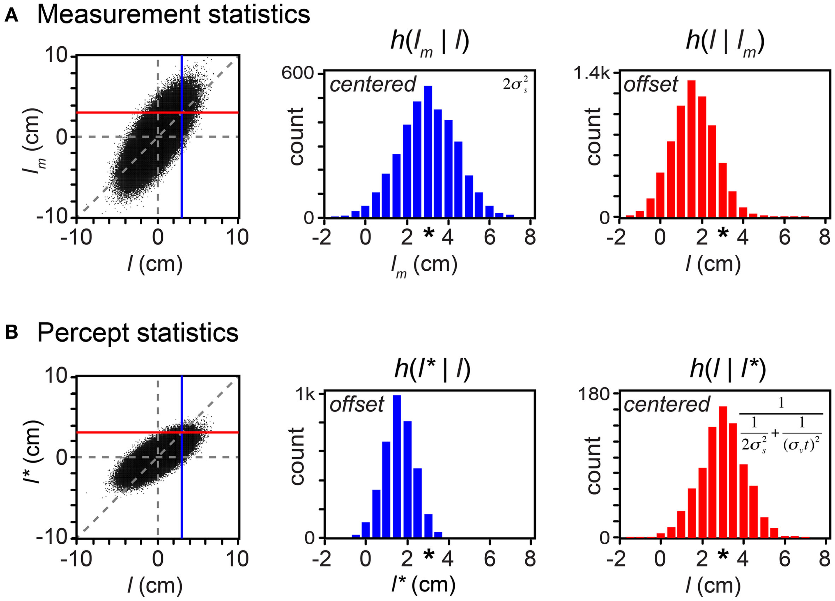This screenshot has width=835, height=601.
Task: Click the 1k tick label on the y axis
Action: pos(306,395)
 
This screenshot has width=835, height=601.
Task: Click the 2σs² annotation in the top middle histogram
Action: pos(515,85)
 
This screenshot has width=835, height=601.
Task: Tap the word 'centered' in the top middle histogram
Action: pos(373,85)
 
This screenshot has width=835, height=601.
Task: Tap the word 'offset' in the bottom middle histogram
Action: pos(356,405)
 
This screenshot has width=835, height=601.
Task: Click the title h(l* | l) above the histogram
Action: pos(432,368)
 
